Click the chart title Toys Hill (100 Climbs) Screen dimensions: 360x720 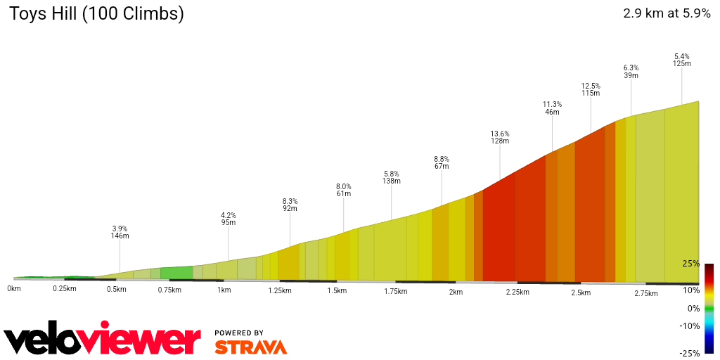coord(96,14)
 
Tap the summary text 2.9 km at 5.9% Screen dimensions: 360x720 coord(667,13)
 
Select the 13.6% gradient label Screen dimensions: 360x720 coord(500,134)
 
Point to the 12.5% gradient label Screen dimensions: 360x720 coord(591,86)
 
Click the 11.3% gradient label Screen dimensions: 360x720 coord(552,104)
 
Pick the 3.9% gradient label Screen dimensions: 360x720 coord(120,229)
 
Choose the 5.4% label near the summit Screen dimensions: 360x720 coord(681,56)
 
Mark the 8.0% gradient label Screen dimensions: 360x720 coord(344,186)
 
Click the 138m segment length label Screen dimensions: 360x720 coord(392,181)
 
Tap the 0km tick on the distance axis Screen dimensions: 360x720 coord(14,289)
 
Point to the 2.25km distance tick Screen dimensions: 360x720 coord(517,292)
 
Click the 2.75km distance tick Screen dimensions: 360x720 coord(645,293)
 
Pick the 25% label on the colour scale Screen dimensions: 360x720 coord(690,264)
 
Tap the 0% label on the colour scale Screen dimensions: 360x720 coord(693,308)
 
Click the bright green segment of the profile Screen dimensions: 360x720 coord(176,273)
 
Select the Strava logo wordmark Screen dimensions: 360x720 coord(250,347)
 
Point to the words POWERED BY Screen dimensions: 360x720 coord(239,333)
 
